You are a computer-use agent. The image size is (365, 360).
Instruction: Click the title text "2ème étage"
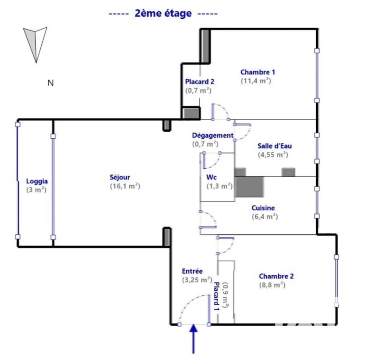163,14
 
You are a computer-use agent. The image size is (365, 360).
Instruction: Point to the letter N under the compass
51,83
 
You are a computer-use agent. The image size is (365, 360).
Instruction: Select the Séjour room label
120,177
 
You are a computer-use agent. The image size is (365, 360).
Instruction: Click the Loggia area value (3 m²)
36,190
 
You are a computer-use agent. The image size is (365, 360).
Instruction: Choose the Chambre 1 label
258,72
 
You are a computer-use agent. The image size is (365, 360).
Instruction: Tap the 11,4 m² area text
256,81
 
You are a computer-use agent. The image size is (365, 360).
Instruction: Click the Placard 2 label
199,82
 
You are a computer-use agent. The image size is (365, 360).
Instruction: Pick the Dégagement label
213,135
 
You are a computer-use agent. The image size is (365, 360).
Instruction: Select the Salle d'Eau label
274,146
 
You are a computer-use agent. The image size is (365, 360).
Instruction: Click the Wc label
212,177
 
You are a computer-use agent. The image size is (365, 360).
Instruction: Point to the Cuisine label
263,208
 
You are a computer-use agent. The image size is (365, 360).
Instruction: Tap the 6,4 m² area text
265,217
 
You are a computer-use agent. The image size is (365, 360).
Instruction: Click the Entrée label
192,271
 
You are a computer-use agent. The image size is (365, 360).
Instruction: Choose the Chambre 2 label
276,276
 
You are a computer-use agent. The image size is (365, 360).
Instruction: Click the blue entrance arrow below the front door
193,339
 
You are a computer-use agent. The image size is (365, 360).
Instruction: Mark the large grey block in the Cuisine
249,187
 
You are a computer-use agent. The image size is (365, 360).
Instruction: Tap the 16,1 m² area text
125,186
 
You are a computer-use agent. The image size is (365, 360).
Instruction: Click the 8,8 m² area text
273,285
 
